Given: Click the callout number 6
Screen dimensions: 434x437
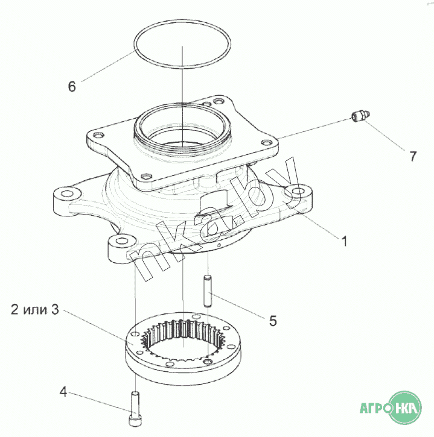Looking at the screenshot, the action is pyautogui.click(x=72, y=86).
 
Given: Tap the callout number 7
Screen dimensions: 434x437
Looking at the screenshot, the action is pyautogui.click(x=413, y=156).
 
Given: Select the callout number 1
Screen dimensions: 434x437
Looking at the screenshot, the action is pyautogui.click(x=345, y=241).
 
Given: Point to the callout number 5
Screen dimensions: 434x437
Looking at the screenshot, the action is pyautogui.click(x=273, y=321).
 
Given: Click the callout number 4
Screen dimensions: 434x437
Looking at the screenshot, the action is pyautogui.click(x=63, y=392).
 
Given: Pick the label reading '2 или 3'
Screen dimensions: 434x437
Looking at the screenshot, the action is pyautogui.click(x=35, y=309).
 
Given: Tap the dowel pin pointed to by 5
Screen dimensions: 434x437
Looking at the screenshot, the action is pyautogui.click(x=208, y=291).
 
